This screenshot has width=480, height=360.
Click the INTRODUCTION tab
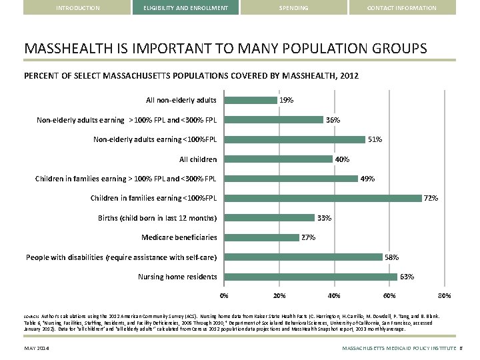pyautogui.click(x=78, y=8)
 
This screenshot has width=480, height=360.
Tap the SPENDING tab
pyautogui.click(x=293, y=8)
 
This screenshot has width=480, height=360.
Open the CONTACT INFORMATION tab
pyautogui.click(x=402, y=8)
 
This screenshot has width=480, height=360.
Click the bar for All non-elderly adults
pyautogui.click(x=251, y=100)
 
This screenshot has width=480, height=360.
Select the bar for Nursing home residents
pyautogui.click(x=311, y=277)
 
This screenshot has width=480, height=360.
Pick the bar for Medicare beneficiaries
pyautogui.click(x=262, y=237)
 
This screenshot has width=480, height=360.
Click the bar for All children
pyautogui.click(x=279, y=159)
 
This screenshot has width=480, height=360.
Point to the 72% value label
pyautogui.click(x=431, y=198)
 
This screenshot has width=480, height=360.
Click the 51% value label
pyautogui.click(x=375, y=139)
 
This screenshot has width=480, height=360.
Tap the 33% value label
pyautogui.click(x=325, y=218)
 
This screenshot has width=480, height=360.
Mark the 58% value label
pyautogui.click(x=392, y=257)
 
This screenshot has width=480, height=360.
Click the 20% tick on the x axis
pyautogui.click(x=279, y=295)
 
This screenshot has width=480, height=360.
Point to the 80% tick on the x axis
pyautogui.click(x=444, y=295)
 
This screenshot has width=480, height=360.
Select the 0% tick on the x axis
pyautogui.click(x=224, y=295)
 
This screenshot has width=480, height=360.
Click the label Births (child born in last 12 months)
pyautogui.click(x=157, y=218)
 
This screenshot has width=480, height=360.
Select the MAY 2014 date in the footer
pyautogui.click(x=38, y=349)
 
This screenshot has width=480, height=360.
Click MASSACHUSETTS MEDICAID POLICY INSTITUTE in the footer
pyautogui.click(x=399, y=349)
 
